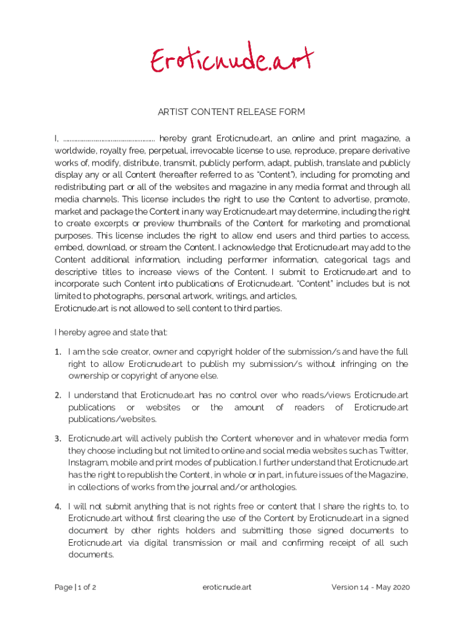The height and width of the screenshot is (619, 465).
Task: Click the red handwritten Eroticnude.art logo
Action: point(232,59)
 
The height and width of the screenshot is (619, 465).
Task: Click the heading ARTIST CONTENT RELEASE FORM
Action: point(231,112)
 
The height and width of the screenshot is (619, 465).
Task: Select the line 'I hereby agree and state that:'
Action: point(111,332)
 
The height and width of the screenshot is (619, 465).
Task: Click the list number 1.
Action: point(58,352)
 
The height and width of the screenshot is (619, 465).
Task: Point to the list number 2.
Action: point(58,395)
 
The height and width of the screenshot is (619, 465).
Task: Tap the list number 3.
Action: point(58,439)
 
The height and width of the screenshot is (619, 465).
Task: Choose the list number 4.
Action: point(58,507)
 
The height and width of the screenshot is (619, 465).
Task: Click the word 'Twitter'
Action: point(392,450)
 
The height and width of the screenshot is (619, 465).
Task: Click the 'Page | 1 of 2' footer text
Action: point(75,587)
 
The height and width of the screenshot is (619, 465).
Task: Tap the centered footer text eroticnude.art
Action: point(228,587)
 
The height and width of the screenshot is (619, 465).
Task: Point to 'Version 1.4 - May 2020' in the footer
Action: point(371,587)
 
